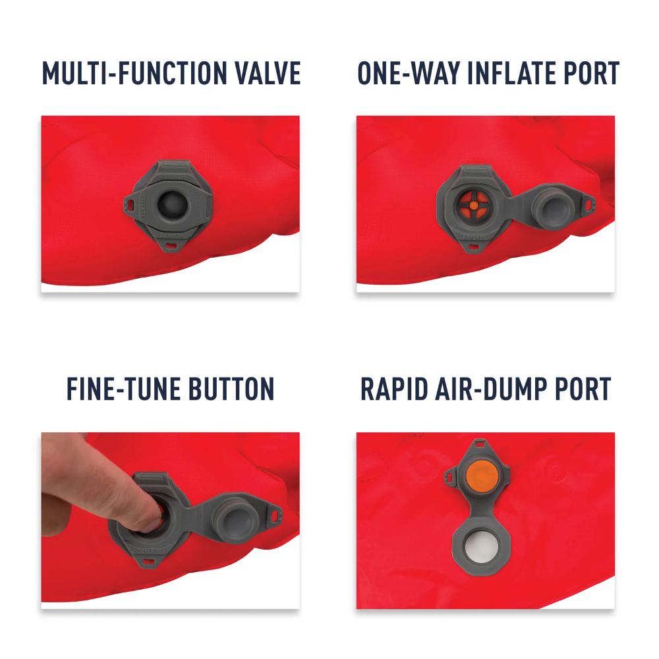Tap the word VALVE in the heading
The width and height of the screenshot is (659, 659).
(264, 73)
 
